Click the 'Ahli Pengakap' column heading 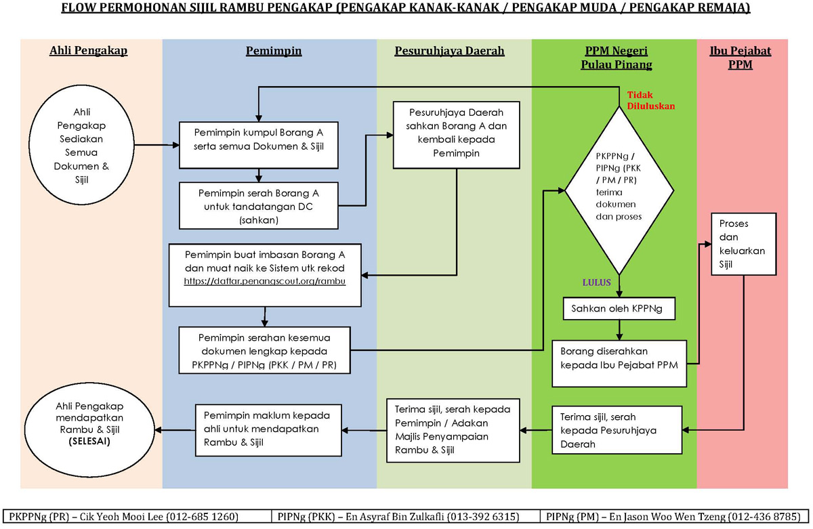tap(89, 51)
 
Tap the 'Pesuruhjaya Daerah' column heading tap(449, 51)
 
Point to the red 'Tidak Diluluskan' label tap(650, 100)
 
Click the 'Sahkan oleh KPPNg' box tap(617, 310)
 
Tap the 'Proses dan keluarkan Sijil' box tap(742, 244)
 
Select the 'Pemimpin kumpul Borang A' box tap(258, 144)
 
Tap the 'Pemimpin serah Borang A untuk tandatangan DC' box tap(258, 206)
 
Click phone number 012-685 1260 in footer tap(203, 517)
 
